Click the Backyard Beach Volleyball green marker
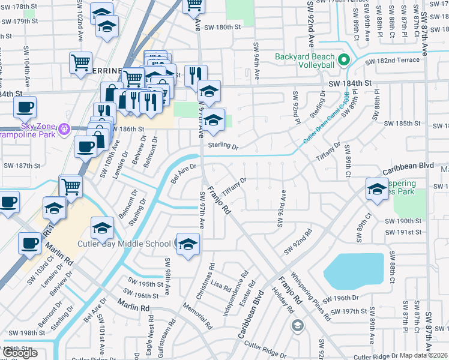click(343, 60)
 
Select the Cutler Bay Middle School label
click(124, 244)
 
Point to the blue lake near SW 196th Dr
click(354, 270)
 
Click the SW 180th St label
click(222, 27)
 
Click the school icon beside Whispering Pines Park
click(377, 189)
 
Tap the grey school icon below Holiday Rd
click(297, 326)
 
